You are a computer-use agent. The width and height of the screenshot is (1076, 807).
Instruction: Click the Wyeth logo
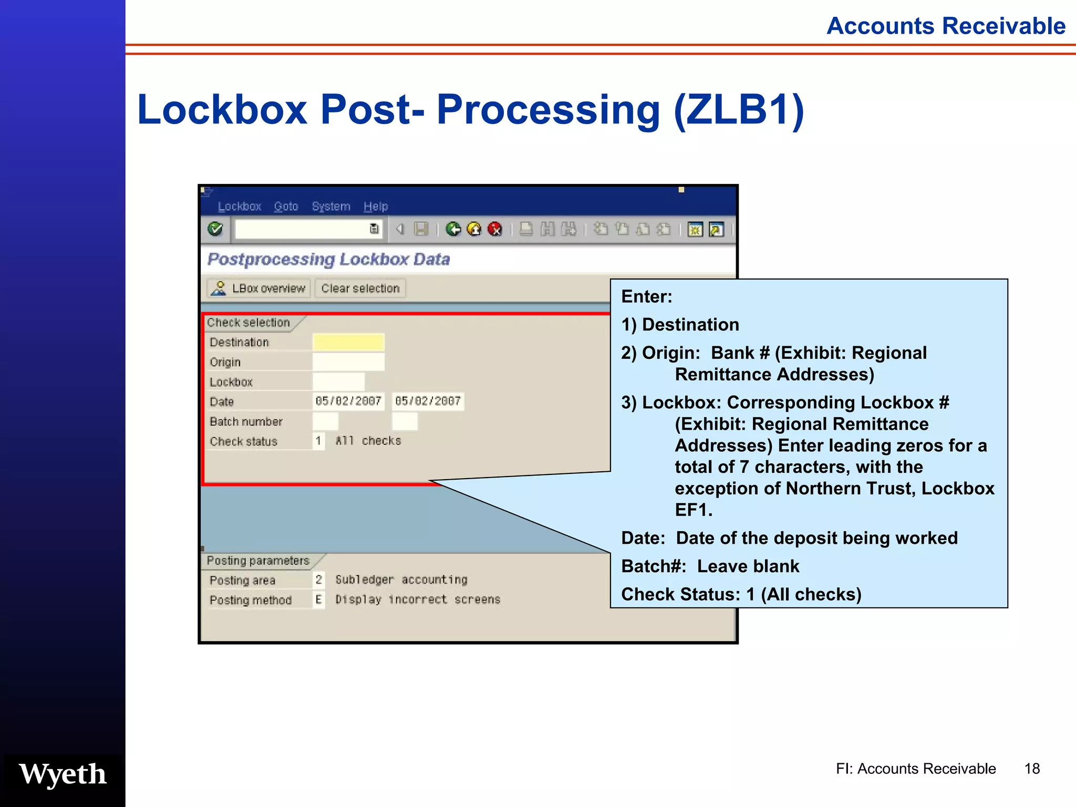[63, 774]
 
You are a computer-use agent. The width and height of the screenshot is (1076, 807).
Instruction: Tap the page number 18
[1032, 769]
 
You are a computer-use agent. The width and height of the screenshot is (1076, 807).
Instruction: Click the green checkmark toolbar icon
[215, 229]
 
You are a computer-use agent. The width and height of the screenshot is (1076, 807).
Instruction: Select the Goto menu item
[286, 206]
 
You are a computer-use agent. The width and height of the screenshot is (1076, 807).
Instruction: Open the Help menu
[376, 206]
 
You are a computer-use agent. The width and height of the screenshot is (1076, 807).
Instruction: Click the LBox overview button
[260, 288]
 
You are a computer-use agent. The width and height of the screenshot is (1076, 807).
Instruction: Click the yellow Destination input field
[348, 342]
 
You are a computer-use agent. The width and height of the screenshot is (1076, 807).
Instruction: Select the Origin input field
[348, 362]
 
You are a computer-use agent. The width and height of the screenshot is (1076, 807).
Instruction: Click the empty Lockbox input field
[338, 382]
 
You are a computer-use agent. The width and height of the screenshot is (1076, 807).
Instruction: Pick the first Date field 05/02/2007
[348, 401]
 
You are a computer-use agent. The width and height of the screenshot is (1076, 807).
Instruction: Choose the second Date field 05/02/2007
[428, 401]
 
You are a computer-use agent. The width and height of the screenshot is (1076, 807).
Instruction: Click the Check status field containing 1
[318, 441]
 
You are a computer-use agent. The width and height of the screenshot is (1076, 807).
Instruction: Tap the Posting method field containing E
[318, 599]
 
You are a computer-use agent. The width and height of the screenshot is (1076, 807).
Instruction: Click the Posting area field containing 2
[318, 580]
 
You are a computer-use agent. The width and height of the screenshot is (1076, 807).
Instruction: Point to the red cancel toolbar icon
[495, 229]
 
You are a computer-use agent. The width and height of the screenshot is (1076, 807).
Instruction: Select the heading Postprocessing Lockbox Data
[329, 259]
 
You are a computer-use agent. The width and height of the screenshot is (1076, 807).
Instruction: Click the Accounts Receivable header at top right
[946, 26]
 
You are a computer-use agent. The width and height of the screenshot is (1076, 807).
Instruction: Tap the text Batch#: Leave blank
[710, 566]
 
